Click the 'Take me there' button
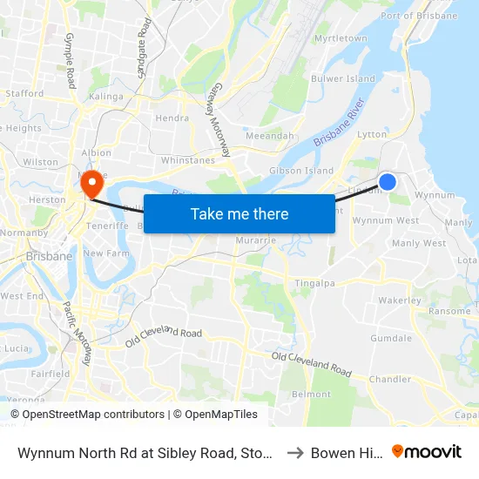click(239, 213)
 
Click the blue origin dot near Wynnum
click(388, 181)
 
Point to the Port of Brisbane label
click(419, 16)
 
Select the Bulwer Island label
click(344, 78)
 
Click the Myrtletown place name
click(341, 39)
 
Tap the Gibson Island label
click(301, 171)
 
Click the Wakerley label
click(400, 300)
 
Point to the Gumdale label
click(391, 337)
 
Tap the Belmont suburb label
click(311, 395)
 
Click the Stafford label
click(24, 93)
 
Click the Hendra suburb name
click(172, 118)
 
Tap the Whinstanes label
click(188, 160)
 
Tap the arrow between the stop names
click(295, 453)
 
